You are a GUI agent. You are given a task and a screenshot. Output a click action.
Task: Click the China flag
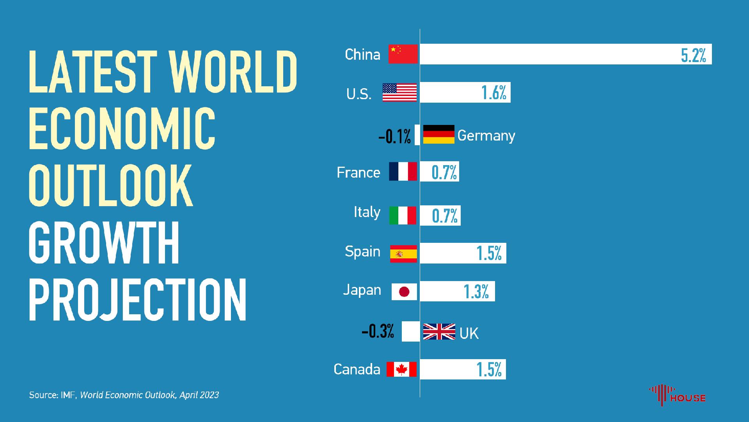403,54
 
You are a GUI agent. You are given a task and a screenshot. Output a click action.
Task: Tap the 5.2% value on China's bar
693,54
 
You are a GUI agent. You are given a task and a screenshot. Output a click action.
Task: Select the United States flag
399,93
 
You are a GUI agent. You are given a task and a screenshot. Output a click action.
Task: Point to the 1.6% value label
493,93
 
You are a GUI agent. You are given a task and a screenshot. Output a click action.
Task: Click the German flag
438,134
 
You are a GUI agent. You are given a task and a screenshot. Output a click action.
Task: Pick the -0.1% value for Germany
394,137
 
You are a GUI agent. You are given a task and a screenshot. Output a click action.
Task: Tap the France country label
358,172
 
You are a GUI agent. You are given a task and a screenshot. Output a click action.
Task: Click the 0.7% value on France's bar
444,172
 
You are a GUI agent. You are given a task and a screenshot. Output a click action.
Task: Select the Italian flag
403,215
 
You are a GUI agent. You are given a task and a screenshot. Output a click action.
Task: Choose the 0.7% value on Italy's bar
444,215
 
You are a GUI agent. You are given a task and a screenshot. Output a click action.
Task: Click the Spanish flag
403,254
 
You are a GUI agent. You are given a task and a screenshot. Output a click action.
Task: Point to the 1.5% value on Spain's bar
489,253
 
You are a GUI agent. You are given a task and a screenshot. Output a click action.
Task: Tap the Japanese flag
404,292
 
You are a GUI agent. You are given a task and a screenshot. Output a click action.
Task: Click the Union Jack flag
439,331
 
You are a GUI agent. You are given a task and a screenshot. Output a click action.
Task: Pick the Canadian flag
401,369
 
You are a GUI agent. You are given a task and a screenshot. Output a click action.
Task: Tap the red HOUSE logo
677,395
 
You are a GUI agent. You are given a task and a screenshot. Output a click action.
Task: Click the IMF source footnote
124,395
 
